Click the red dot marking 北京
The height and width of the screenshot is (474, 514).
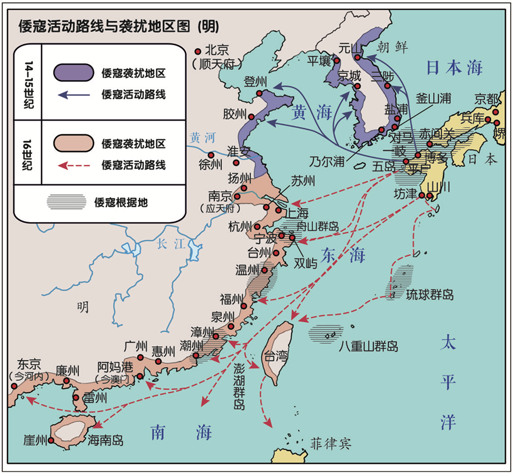click(x=198, y=51)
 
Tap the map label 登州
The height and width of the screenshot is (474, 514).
click(x=255, y=82)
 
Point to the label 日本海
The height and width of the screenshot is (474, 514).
click(x=454, y=67)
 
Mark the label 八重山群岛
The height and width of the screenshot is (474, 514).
click(x=368, y=346)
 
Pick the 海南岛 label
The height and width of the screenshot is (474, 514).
click(x=105, y=440)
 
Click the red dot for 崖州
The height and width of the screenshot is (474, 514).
click(x=51, y=440)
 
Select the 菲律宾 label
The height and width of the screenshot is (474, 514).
click(x=330, y=444)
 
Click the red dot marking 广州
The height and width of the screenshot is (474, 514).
click(x=140, y=357)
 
